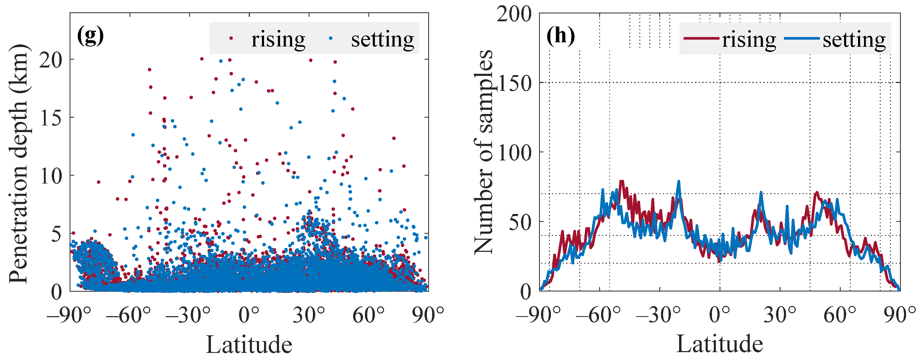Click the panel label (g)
[x=90, y=36]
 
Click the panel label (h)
[x=560, y=36]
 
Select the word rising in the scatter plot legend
[x=278, y=39]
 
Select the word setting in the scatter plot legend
[x=383, y=39]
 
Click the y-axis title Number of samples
[x=483, y=153]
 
